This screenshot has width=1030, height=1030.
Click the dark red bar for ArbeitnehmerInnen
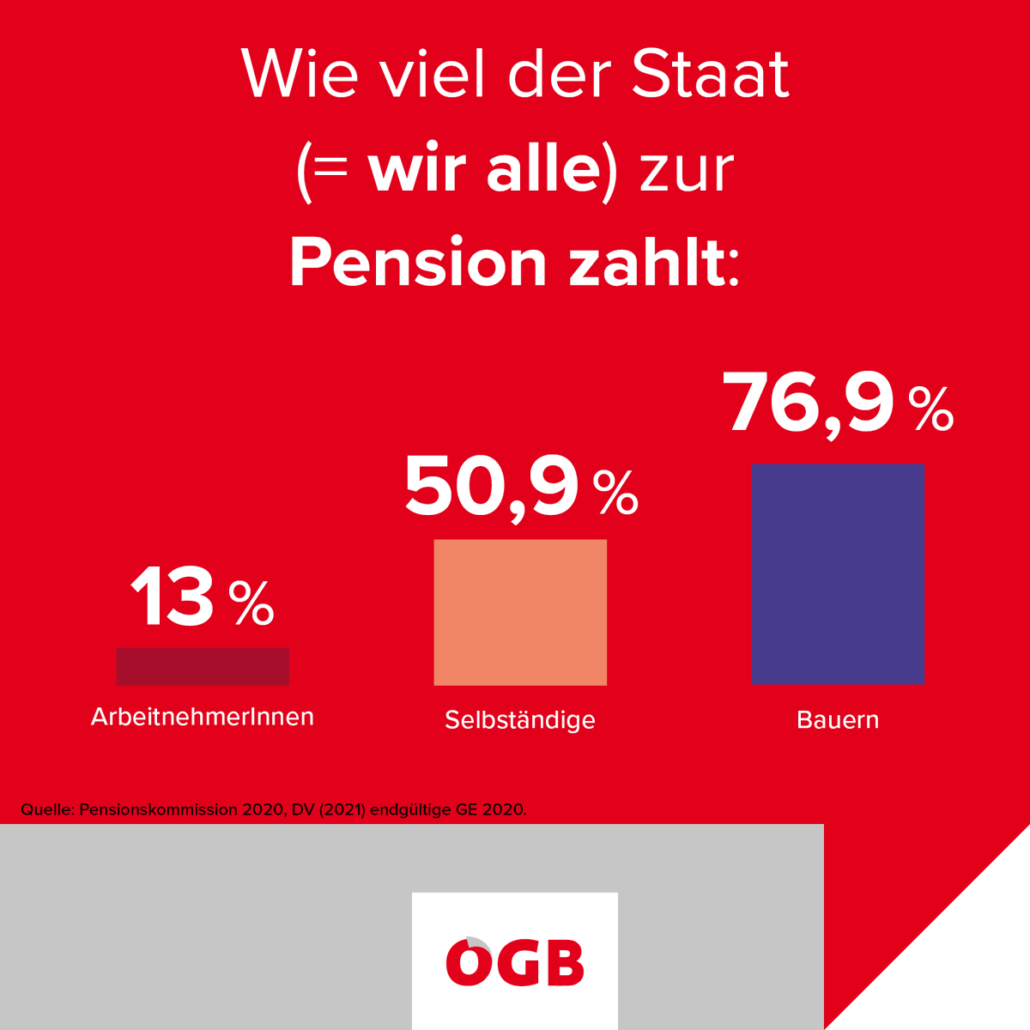(203, 666)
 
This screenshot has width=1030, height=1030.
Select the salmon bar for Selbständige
(520, 612)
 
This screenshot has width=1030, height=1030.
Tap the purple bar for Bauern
(838, 573)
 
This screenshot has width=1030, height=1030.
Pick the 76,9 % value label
(838, 403)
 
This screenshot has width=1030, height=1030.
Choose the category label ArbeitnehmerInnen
(203, 717)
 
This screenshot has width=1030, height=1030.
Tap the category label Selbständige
(520, 719)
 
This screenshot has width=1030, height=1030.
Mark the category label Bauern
(838, 719)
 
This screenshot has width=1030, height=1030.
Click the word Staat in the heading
(710, 74)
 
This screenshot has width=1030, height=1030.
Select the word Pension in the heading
(418, 263)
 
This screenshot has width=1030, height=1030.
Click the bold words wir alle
(484, 169)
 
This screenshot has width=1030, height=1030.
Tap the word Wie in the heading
(300, 74)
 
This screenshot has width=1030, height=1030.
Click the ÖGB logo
(515, 960)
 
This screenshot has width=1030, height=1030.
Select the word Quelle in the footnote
(47, 809)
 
